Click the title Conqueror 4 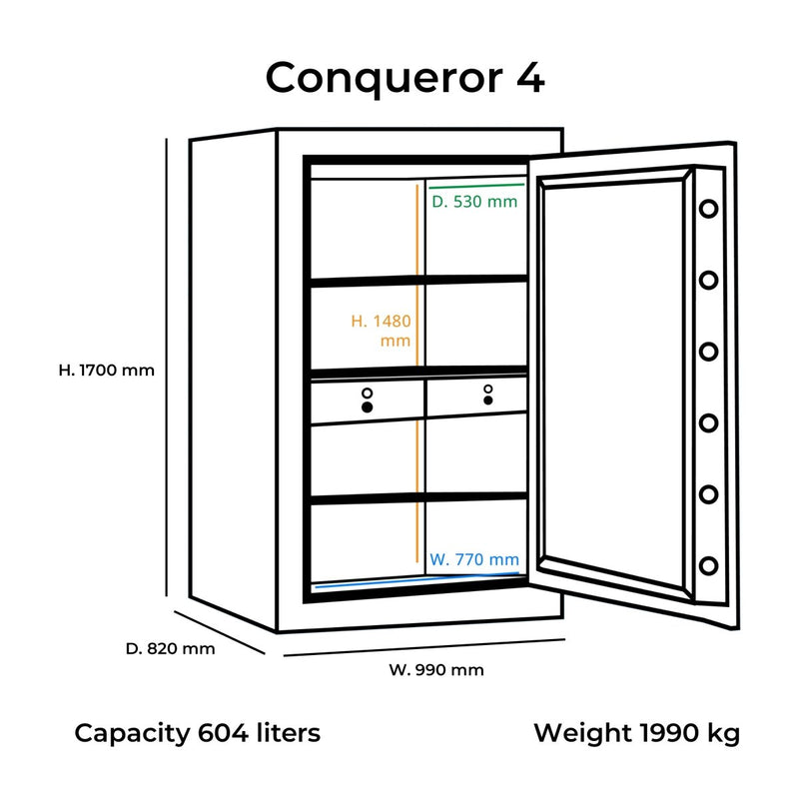pos(404,78)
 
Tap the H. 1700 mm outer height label pos(107,370)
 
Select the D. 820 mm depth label pos(171,648)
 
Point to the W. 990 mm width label pos(435,670)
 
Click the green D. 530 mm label pos(474,202)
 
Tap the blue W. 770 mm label pos(474,559)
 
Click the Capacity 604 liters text pos(198,733)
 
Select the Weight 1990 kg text pos(636,733)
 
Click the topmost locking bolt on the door pos(708,210)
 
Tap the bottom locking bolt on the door pos(708,565)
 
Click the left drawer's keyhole pos(367,406)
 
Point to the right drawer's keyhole pos(488,399)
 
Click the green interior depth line pos(475,185)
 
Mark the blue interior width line pos(416,582)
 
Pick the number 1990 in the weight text pos(670,733)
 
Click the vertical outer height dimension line pos(166,370)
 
